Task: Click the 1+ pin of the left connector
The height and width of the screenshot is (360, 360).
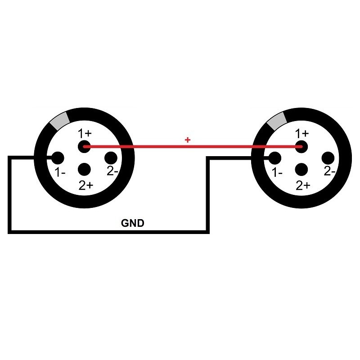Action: [84, 146]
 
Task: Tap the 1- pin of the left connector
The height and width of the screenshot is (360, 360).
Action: [57, 158]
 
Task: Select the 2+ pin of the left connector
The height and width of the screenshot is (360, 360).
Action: [84, 170]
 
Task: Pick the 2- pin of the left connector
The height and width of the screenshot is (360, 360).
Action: [111, 158]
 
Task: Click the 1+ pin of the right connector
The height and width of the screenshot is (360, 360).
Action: [301, 146]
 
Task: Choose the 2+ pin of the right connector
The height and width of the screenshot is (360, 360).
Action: [301, 170]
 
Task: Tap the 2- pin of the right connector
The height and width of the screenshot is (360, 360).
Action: [328, 158]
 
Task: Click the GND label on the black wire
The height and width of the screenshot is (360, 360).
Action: [133, 223]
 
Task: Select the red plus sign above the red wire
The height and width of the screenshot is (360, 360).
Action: [188, 140]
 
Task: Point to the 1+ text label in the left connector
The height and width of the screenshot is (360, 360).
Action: [85, 134]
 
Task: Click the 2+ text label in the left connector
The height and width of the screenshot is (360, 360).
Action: [85, 185]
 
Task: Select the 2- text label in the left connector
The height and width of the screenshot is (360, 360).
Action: [112, 171]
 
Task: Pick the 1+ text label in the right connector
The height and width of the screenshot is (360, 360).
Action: [302, 134]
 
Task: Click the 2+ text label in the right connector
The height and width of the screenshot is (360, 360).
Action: [303, 185]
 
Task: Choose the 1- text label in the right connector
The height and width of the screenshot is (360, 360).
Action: [278, 172]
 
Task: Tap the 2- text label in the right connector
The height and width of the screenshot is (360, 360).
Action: [330, 171]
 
